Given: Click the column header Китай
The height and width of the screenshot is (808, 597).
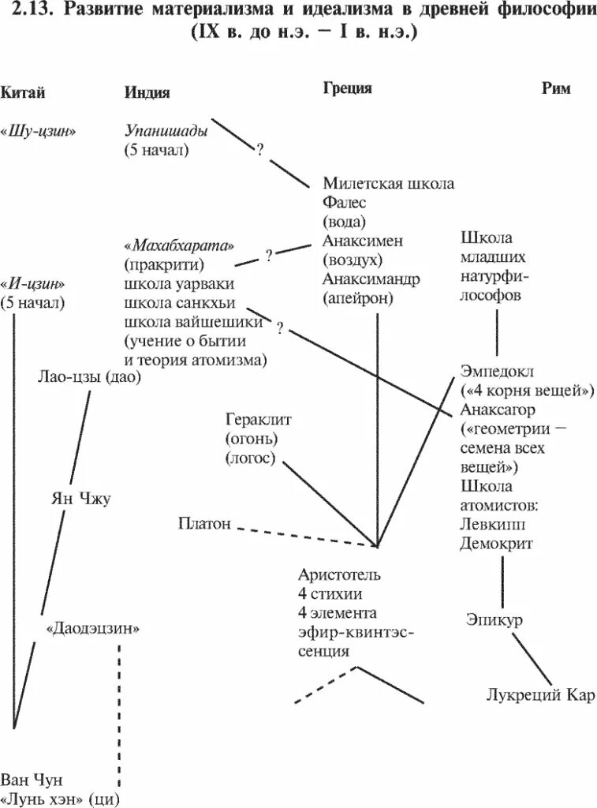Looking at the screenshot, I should point(23,92).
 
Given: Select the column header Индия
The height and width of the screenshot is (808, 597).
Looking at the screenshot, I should point(147,92).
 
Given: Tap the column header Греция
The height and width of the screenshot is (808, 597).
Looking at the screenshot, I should point(347,88).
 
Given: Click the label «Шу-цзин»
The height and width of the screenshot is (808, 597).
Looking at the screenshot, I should point(39,131).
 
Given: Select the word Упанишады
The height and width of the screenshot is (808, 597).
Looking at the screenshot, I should point(166,131).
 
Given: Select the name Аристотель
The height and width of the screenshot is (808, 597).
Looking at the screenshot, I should point(340,573).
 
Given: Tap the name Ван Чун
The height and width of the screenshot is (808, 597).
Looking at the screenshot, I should point(32,780).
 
